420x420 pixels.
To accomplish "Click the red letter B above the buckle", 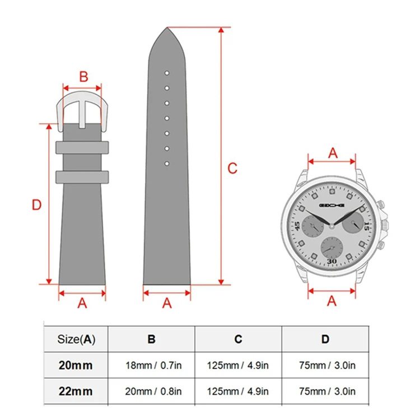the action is [83, 77].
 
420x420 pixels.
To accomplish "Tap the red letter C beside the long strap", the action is [232, 169].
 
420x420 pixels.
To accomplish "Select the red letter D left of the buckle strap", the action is [37, 205].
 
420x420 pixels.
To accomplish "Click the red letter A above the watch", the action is [333, 153].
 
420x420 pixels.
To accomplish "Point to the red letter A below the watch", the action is [332, 301].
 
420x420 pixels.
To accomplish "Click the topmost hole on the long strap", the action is [167, 73].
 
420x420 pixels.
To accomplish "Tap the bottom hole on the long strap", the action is [167, 164].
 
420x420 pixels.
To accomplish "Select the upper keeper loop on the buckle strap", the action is [82, 148].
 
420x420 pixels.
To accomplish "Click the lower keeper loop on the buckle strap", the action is [82, 177].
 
